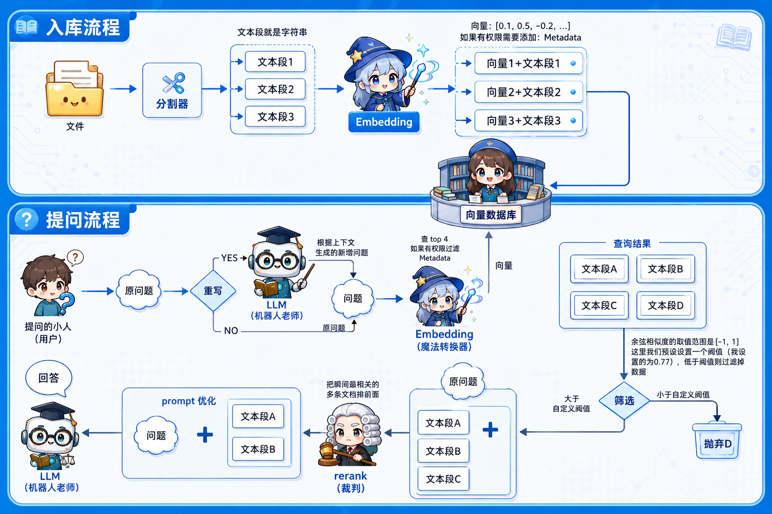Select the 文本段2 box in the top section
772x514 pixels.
click(x=275, y=89)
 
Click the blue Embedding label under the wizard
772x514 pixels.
click(x=384, y=122)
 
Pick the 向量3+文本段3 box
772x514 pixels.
click(x=528, y=120)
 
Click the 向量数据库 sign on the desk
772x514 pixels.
click(x=491, y=215)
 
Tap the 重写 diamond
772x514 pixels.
click(x=213, y=291)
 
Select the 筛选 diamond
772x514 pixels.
click(x=624, y=401)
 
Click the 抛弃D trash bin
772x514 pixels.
click(x=717, y=441)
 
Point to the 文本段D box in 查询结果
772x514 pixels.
click(x=665, y=305)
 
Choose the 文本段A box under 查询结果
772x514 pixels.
click(x=599, y=269)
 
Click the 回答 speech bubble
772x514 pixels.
click(x=49, y=378)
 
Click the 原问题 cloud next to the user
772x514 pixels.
click(x=139, y=291)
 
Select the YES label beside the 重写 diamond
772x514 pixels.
click(x=229, y=258)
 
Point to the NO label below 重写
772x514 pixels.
click(x=231, y=331)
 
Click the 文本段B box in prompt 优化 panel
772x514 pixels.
click(x=258, y=449)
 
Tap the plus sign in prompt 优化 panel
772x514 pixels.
click(x=205, y=435)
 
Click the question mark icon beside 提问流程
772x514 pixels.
click(x=27, y=219)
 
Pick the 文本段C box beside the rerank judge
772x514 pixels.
click(x=443, y=479)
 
